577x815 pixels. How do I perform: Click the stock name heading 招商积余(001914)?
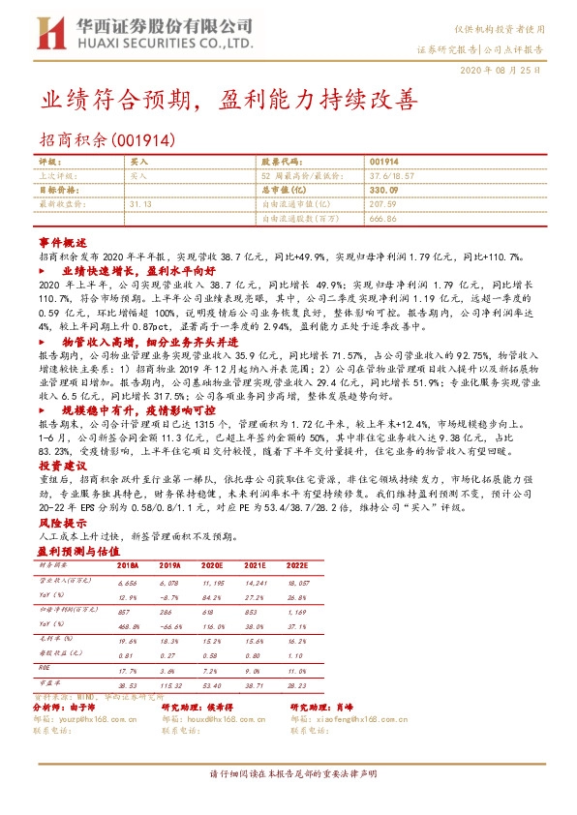[x=106, y=139]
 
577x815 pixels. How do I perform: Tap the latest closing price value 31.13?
[x=141, y=204]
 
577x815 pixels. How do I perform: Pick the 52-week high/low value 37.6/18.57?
[x=390, y=177]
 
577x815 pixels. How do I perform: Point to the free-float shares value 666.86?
[x=383, y=219]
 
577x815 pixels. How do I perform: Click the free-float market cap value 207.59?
[x=383, y=204]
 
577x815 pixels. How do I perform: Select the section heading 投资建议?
[x=63, y=466]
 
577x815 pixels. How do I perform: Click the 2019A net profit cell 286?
[x=172, y=613]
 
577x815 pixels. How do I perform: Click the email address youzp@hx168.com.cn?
[x=101, y=719]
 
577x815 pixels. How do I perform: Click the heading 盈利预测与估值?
[x=75, y=548]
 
